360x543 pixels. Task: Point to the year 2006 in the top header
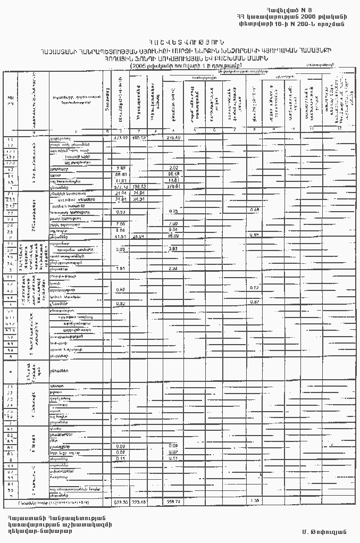tap(311, 16)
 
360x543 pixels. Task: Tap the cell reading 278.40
tap(174, 138)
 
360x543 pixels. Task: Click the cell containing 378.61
tap(174, 187)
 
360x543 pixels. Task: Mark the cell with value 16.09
tap(174, 236)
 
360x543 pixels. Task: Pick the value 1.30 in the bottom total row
tap(255, 501)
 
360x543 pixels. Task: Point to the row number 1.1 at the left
tap(10, 138)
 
